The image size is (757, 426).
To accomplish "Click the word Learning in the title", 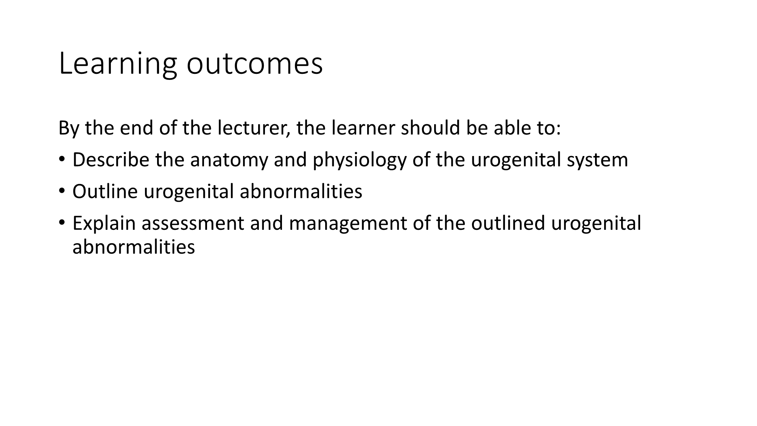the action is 118,64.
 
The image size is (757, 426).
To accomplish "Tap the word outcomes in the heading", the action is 255,64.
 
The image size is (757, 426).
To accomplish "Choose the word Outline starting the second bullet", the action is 105,191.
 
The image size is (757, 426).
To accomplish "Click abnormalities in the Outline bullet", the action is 301,191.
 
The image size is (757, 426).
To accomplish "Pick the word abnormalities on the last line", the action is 134,247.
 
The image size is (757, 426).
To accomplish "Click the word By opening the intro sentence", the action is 69,129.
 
